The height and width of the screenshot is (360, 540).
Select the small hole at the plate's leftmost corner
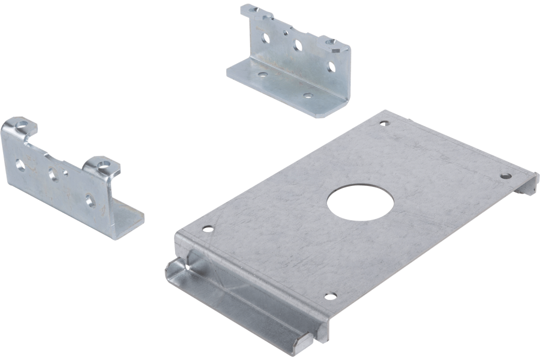(x=208, y=228)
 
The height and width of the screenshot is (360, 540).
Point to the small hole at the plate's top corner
(x=384, y=124)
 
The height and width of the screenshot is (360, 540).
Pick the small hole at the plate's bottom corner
(x=329, y=296)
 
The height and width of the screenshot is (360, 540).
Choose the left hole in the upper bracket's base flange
(x=263, y=74)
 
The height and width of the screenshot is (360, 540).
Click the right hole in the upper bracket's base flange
(x=308, y=95)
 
